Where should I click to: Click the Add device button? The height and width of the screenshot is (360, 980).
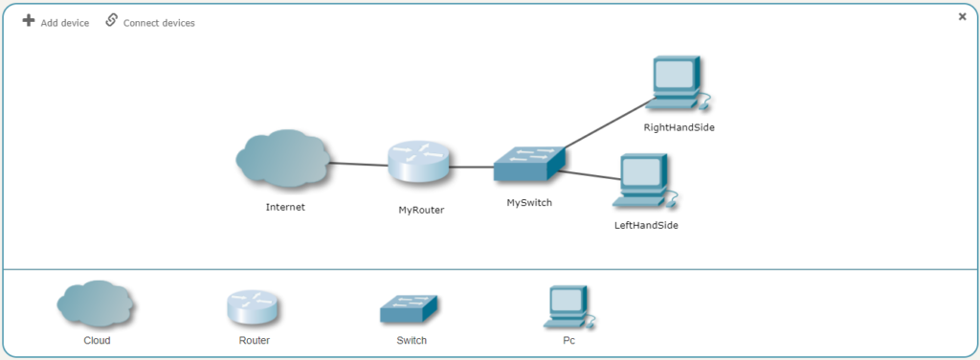56,22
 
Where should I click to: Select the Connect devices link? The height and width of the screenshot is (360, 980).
150,22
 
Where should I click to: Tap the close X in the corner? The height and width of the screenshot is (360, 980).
962,16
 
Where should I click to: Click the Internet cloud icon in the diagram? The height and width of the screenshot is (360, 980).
284,161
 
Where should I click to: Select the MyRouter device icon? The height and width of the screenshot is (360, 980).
419,163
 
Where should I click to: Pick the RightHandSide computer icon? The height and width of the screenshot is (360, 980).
677,84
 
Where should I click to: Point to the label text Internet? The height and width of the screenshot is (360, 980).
285,207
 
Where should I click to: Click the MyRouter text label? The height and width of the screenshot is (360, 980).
421,209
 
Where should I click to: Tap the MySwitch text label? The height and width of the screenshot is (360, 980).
529,203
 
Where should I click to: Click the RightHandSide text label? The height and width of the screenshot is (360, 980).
679,127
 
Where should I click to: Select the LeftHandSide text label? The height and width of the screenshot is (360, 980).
646,226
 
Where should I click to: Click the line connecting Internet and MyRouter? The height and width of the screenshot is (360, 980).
359,165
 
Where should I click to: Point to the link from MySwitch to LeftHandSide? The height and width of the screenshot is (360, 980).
586,174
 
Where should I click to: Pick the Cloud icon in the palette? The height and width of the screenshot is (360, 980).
96,305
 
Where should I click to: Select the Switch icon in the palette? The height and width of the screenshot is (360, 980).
411,308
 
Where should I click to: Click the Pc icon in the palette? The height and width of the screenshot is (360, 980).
568,306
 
